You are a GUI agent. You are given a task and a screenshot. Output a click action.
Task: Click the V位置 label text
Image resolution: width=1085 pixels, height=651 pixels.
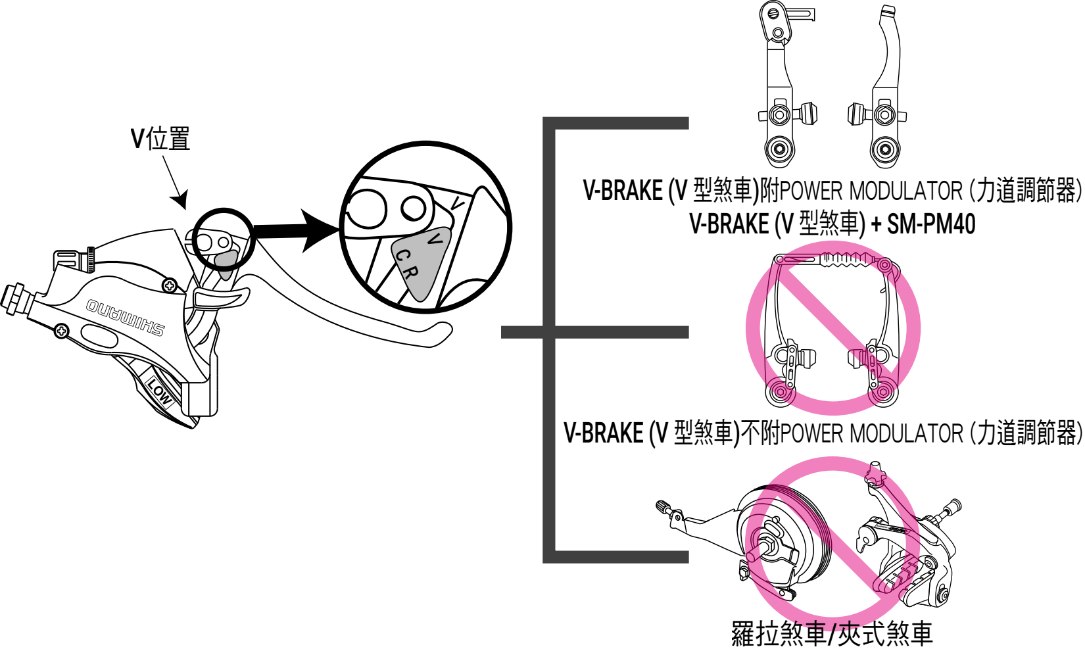160,139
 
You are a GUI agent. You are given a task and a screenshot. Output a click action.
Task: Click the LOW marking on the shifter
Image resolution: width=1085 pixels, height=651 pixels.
159,392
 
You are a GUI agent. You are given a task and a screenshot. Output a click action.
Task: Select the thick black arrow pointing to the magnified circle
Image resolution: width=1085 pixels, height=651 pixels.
296,230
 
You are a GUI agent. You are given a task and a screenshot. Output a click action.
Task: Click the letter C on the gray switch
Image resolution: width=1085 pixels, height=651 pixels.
402,255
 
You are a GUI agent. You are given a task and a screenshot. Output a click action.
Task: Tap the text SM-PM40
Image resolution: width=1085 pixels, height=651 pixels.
931,224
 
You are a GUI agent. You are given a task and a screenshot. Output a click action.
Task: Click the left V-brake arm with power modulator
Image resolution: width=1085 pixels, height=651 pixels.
783,85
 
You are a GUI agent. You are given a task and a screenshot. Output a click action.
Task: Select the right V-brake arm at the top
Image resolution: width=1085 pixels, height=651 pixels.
881,85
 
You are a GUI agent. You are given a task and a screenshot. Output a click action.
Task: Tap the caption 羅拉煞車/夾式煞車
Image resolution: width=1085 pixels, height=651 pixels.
832,633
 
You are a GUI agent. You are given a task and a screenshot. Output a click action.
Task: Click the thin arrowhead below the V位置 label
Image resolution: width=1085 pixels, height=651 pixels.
180,199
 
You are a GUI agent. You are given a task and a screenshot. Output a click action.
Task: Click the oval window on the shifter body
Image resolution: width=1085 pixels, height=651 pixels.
100,336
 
